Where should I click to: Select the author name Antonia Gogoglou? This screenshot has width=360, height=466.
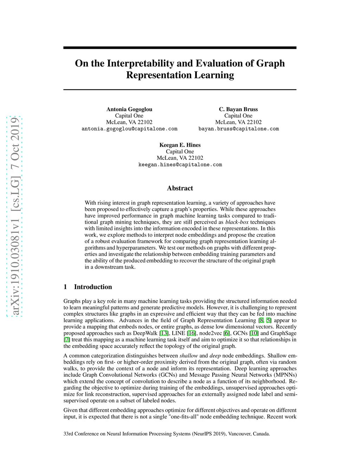point(129,109)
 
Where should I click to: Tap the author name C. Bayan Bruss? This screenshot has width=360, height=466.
point(238,109)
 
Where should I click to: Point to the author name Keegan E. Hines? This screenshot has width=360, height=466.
point(180,145)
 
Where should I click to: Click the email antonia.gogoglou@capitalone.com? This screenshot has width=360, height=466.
point(129,129)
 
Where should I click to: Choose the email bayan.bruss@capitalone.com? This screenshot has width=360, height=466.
point(238,129)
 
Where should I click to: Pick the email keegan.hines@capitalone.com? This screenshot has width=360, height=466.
point(180,165)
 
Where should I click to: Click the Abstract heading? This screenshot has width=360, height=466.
point(180,188)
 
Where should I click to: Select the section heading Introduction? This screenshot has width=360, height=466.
point(93,287)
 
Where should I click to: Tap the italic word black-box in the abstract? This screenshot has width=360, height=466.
point(237,222)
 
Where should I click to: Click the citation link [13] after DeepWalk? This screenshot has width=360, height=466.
point(164,333)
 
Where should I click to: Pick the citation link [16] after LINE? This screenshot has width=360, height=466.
point(192,333)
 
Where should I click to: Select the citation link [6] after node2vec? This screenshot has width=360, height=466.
point(227,333)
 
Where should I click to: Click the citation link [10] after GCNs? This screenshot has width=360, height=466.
point(254,333)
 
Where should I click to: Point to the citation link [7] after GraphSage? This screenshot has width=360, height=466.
point(67,340)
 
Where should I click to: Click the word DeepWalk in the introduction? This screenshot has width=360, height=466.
point(145,333)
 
